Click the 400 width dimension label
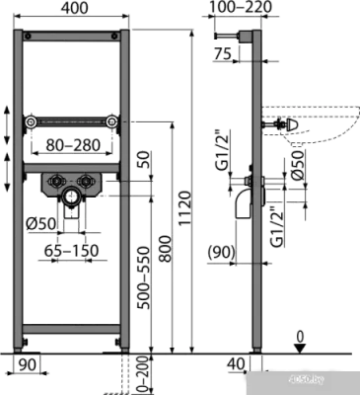tap(71, 10)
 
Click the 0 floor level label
tap(299, 340)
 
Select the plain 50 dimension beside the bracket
tap(145, 161)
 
